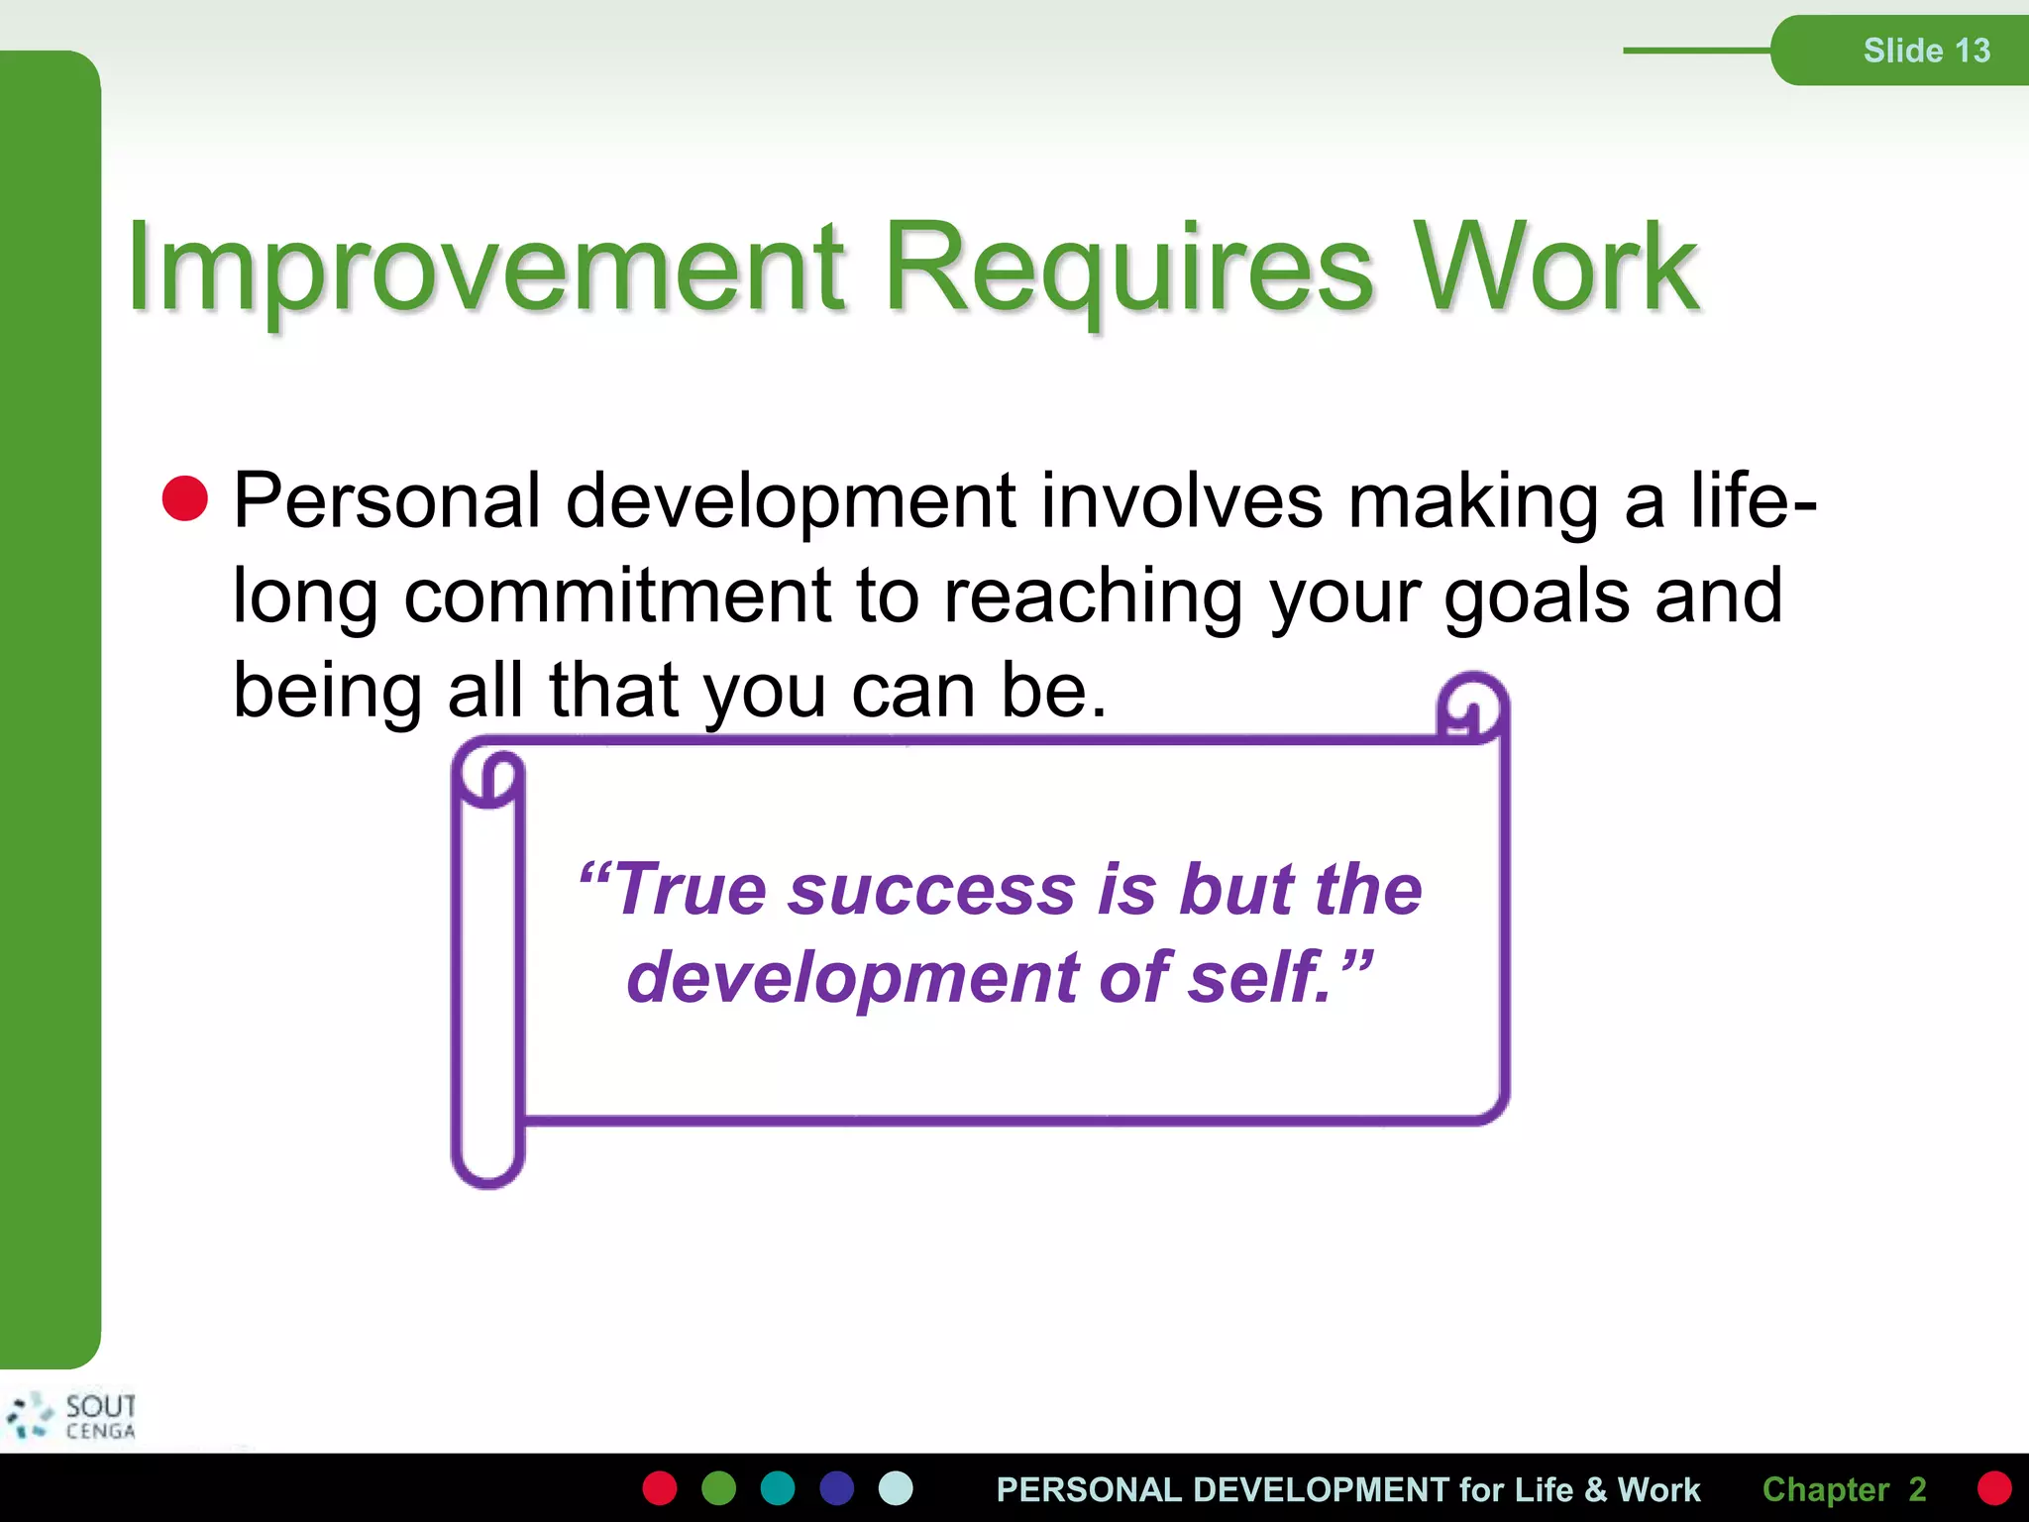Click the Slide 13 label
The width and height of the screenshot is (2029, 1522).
1926,51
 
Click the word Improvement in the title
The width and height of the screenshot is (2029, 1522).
485,268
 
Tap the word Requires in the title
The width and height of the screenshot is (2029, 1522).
1129,268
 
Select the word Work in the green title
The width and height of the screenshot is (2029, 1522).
1555,268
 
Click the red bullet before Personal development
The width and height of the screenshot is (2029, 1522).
185,498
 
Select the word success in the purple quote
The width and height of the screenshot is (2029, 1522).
931,889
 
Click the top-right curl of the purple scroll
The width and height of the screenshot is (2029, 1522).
1473,707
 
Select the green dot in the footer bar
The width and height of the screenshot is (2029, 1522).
719,1488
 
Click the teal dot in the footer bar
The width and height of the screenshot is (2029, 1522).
778,1488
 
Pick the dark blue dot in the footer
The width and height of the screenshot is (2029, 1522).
837,1488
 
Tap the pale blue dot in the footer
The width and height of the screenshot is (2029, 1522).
896,1488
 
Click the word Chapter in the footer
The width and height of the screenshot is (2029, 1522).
1825,1489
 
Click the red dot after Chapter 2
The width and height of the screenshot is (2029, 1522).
1993,1488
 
